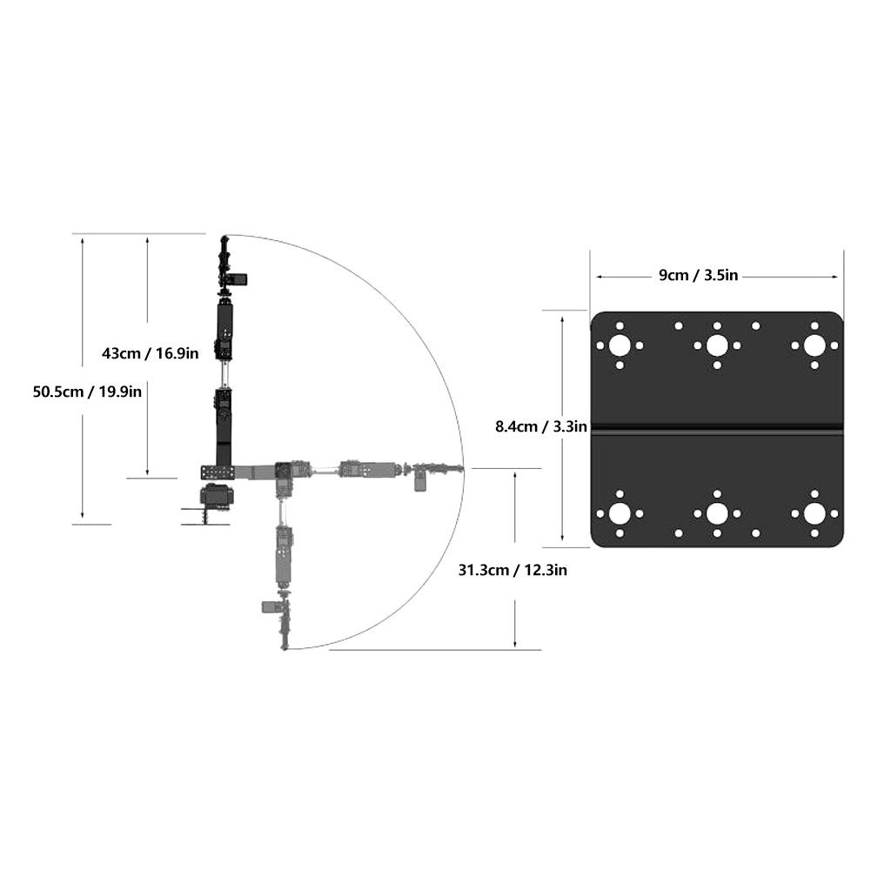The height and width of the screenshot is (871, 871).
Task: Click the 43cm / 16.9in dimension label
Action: [151, 353]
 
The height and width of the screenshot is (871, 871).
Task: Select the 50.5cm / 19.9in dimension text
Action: [87, 392]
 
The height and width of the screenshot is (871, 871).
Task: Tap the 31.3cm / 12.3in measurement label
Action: [513, 570]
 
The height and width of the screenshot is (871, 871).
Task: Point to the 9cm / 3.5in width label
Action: [698, 276]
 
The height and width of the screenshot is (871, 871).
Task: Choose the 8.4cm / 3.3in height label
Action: [541, 426]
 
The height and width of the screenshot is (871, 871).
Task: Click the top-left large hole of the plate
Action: [620, 345]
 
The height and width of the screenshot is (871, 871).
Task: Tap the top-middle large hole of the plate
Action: [717, 345]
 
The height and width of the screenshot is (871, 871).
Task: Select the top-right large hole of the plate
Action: [814, 345]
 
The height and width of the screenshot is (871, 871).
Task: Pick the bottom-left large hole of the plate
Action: [620, 513]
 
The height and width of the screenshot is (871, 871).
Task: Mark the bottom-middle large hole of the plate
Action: [717, 513]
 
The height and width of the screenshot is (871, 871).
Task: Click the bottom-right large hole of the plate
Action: [814, 513]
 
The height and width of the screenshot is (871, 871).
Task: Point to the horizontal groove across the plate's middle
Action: [717, 428]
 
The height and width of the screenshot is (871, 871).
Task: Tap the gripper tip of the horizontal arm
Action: [459, 470]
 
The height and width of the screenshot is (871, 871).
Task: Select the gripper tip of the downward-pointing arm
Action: [285, 645]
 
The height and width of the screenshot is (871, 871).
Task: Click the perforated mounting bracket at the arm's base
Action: [218, 472]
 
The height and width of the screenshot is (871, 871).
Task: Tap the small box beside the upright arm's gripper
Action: [239, 279]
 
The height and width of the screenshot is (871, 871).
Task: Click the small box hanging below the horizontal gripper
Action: [420, 482]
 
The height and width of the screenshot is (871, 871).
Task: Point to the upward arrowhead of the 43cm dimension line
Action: [148, 238]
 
